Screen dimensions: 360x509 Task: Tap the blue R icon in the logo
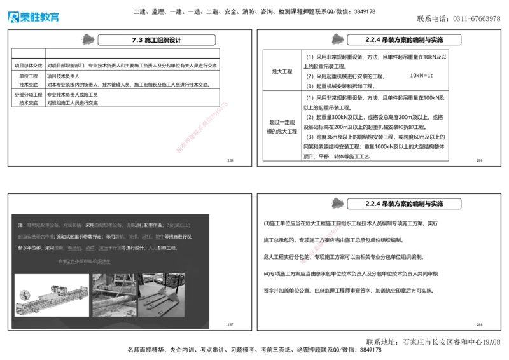point(13,17)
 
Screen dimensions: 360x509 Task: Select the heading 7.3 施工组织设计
point(158,39)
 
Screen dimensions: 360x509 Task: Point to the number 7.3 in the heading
point(136,39)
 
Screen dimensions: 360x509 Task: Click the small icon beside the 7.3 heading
point(88,38)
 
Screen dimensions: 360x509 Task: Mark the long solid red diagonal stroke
point(201,126)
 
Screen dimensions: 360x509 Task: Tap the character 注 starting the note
point(20,225)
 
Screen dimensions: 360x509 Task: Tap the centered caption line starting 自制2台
point(84,261)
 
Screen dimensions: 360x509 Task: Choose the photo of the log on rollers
point(114,296)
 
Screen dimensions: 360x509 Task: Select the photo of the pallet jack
point(162,296)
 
